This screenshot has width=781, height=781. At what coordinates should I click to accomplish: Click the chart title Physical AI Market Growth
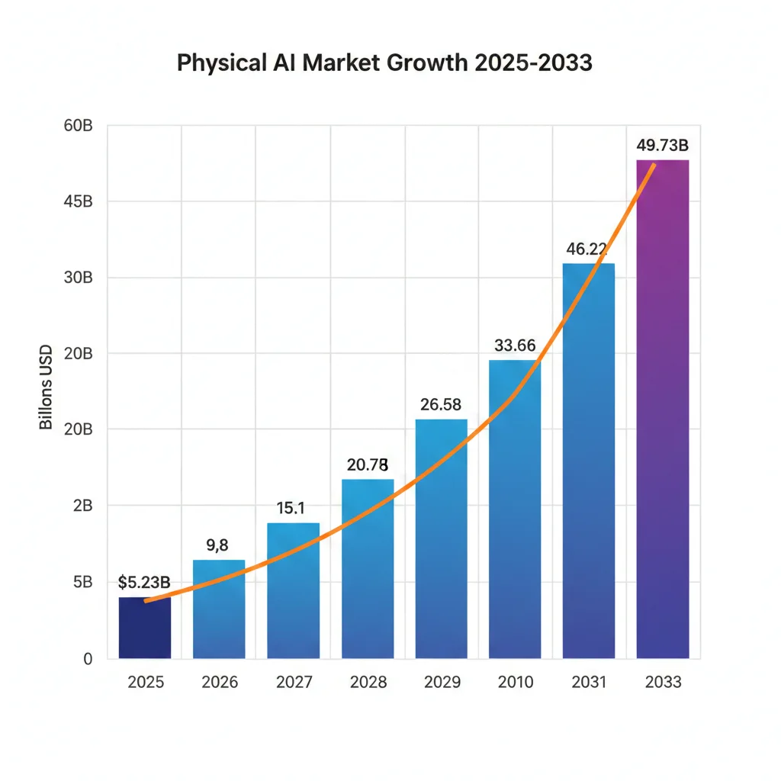(x=384, y=63)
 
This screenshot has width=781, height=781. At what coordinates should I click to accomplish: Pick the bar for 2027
(x=293, y=590)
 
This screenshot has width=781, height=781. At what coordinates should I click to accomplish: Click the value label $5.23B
(x=144, y=583)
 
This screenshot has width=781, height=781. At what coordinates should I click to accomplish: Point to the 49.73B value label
(x=662, y=145)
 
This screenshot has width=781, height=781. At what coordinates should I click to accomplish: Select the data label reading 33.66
(x=515, y=345)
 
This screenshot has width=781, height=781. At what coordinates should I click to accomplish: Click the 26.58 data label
(x=441, y=404)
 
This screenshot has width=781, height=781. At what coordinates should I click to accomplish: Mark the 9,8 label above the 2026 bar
(x=218, y=545)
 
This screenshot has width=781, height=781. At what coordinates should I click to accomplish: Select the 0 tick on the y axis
(x=87, y=658)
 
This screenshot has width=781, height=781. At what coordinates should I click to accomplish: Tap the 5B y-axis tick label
(x=82, y=582)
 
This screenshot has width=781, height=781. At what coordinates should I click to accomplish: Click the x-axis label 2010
(x=515, y=682)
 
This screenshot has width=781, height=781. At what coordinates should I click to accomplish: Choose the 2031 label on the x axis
(x=588, y=682)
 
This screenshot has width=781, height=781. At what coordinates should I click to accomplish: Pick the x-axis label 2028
(x=368, y=682)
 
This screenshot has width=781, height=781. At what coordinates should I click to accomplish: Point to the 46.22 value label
(x=587, y=248)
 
